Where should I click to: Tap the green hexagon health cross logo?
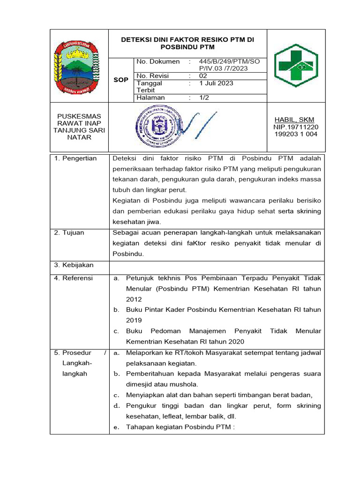click(295, 66)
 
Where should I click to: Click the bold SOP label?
click(121, 80)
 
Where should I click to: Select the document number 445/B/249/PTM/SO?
click(229, 61)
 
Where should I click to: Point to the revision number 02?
click(203, 75)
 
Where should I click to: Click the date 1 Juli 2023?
click(216, 83)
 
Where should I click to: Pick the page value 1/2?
click(204, 97)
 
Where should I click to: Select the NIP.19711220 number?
click(295, 127)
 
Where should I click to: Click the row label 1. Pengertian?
click(75, 158)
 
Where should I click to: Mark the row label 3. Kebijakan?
click(75, 265)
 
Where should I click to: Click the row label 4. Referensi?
click(75, 278)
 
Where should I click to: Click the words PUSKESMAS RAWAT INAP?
click(79, 120)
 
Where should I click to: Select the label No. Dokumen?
click(158, 61)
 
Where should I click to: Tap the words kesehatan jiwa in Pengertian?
click(137, 222)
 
